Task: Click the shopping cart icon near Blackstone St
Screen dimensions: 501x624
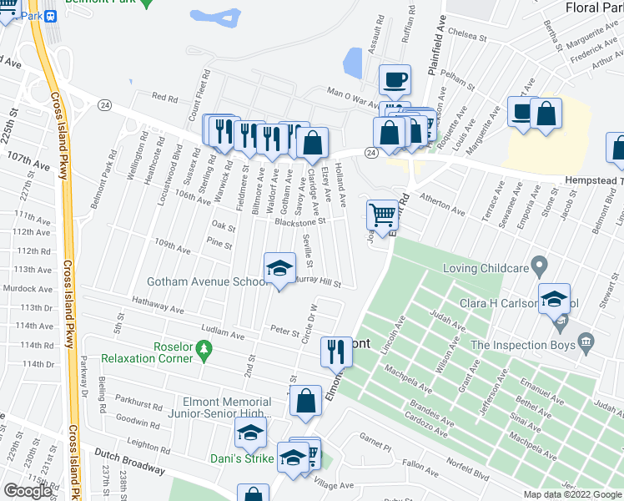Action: click(382, 215)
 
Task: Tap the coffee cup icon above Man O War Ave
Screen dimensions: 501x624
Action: click(395, 80)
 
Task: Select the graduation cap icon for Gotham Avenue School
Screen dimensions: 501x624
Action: click(280, 268)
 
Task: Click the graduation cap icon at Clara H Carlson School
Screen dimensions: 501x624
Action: click(554, 299)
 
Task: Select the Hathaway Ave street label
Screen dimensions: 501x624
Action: click(156, 302)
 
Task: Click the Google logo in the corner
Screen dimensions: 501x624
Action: click(28, 491)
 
